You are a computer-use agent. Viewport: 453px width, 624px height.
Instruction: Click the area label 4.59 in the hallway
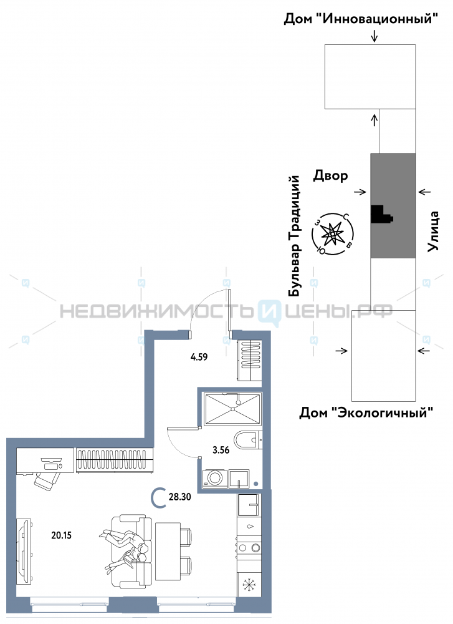(x=199, y=358)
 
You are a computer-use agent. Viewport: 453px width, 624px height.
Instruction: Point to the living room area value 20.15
(x=62, y=534)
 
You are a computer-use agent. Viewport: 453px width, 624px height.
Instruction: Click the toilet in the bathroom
(x=249, y=439)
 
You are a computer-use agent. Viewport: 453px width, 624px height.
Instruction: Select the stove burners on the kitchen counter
(x=249, y=548)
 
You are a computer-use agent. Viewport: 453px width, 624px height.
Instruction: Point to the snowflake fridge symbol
(x=249, y=586)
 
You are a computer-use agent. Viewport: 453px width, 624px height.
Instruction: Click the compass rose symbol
(x=333, y=235)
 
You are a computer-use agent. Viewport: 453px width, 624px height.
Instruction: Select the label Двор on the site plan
(x=330, y=176)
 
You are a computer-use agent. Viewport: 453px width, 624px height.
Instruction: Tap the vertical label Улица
(x=434, y=232)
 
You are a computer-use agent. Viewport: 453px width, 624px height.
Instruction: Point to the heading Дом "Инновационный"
(x=359, y=19)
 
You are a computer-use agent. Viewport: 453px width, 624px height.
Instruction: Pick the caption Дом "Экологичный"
(x=366, y=412)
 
